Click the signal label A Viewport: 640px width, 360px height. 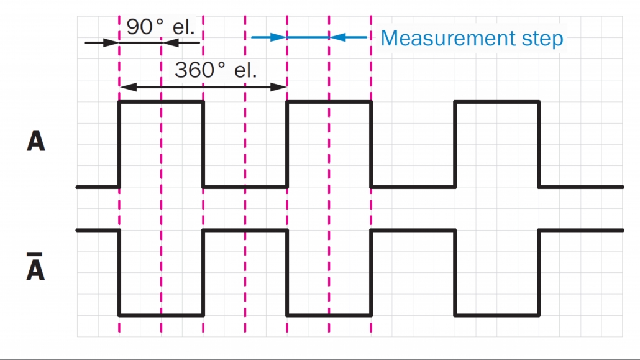(x=36, y=141)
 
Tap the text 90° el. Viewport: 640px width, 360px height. (x=160, y=27)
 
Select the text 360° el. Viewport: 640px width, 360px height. (x=216, y=70)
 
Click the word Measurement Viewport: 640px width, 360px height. (x=448, y=39)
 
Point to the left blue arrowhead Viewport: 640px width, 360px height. (x=279, y=37)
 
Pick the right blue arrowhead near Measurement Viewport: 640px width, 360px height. (x=337, y=37)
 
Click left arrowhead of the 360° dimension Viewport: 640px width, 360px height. (x=128, y=87)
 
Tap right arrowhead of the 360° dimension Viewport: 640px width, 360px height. (x=279, y=87)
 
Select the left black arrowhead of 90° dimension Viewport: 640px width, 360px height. (x=111, y=42)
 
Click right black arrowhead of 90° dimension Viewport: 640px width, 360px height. (x=170, y=42)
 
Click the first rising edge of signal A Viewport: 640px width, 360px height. (x=119, y=144)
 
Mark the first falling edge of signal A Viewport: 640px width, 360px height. (x=203, y=144)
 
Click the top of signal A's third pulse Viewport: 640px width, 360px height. (x=497, y=102)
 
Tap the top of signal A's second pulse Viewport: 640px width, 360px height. (x=329, y=102)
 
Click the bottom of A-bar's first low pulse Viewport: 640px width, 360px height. (x=161, y=315)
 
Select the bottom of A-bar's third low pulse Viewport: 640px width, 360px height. (x=497, y=315)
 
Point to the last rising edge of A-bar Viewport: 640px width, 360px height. (x=539, y=272)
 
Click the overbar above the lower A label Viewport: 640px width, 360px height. (x=35, y=255)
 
